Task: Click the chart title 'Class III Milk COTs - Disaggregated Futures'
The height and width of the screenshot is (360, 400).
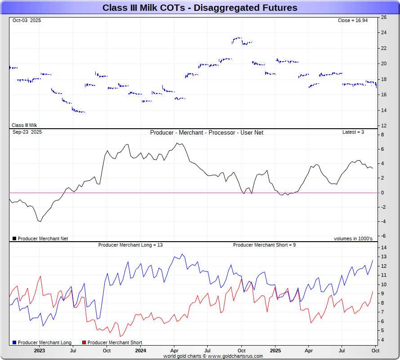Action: [x=200, y=8]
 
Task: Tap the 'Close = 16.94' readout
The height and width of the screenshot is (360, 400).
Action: [x=353, y=20]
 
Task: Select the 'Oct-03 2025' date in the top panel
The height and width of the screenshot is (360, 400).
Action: [x=27, y=20]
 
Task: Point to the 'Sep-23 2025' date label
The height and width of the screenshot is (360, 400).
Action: [x=27, y=132]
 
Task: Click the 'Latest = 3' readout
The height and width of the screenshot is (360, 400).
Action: [x=353, y=132]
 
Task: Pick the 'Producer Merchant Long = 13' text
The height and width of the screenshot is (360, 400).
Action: [x=130, y=245]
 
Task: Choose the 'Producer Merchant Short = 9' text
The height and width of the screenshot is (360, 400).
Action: [x=264, y=245]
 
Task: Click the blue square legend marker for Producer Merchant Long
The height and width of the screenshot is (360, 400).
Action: [x=14, y=343]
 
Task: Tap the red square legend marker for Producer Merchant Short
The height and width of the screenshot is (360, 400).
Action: [x=84, y=343]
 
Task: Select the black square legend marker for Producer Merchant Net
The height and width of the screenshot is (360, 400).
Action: [x=14, y=239]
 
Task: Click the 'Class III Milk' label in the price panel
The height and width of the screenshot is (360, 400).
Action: [x=24, y=126]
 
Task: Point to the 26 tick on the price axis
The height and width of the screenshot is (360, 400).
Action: [x=383, y=18]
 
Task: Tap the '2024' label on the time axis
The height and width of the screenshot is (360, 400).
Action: [x=141, y=351]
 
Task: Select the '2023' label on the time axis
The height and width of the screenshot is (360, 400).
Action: [x=40, y=351]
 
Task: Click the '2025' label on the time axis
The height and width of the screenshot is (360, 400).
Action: [x=276, y=351]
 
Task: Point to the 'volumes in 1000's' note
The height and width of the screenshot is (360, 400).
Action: [x=353, y=239]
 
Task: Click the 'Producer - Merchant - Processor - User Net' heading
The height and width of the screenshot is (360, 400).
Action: [x=207, y=133]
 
